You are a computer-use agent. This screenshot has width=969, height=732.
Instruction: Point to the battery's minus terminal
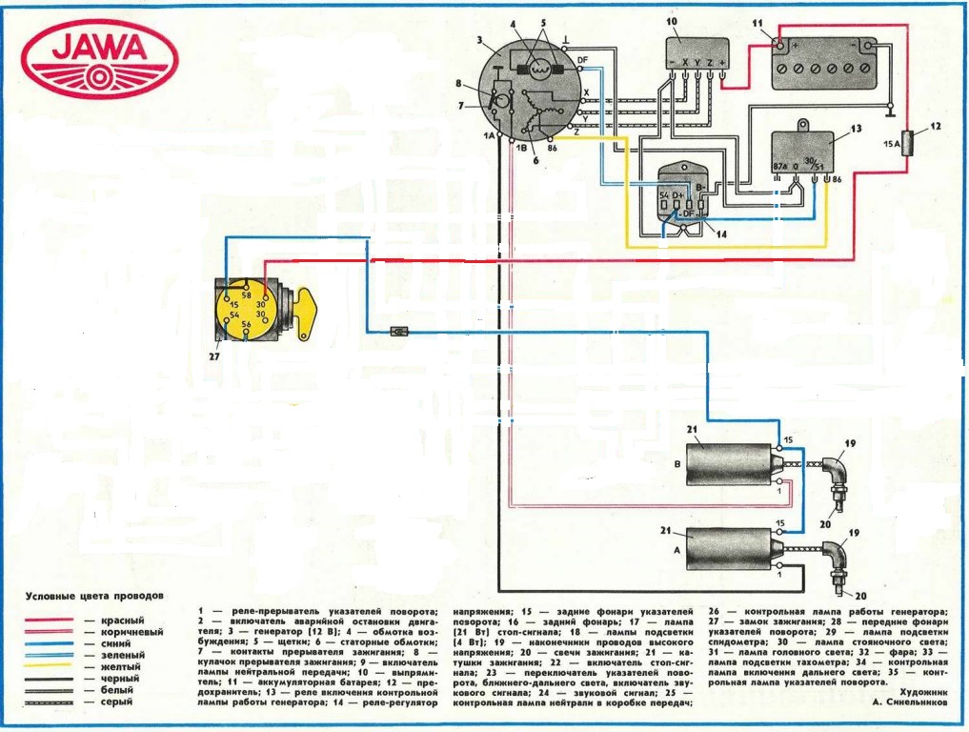[x=868, y=46]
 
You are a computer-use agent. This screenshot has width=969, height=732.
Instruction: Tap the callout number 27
[x=214, y=357]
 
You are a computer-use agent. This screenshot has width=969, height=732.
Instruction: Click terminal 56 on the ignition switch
[x=245, y=325]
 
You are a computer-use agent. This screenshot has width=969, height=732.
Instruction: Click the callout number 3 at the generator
[x=482, y=42]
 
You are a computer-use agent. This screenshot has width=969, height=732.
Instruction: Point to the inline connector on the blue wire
[x=401, y=332]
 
